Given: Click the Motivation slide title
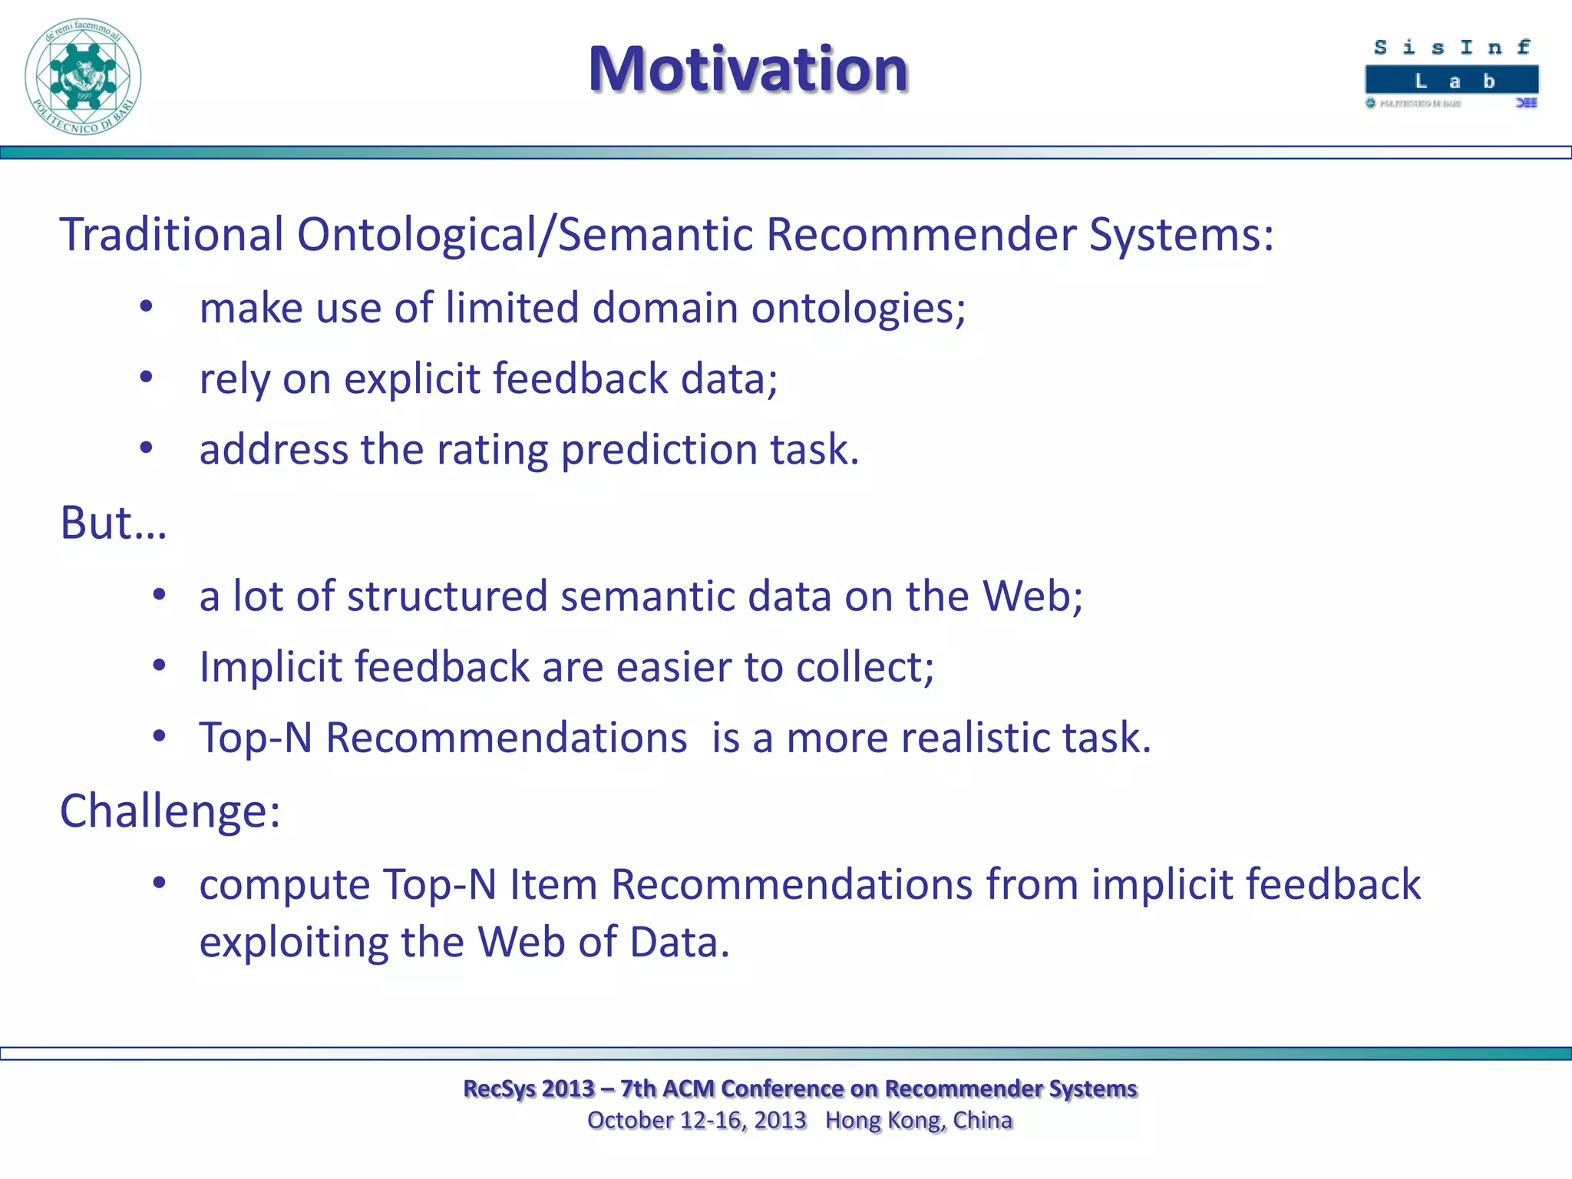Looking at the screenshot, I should click(748, 69).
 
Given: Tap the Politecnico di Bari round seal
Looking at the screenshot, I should click(83, 77).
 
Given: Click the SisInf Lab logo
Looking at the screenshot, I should click(1451, 74).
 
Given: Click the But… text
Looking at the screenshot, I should click(113, 523).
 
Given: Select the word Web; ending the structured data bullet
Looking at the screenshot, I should click(1033, 596).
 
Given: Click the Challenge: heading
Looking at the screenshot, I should click(170, 811).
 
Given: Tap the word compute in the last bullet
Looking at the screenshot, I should click(284, 885).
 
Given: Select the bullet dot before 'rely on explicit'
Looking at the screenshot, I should click(147, 377).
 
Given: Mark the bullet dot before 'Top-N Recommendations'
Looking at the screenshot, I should click(159, 736).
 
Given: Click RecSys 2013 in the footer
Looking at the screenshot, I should click(529, 1088).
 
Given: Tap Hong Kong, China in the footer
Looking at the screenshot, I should click(919, 1121).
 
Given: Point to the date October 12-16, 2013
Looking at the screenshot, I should click(696, 1121).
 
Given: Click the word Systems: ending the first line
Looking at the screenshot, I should click(1181, 234).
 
